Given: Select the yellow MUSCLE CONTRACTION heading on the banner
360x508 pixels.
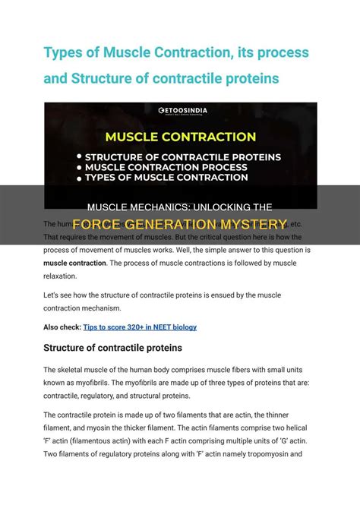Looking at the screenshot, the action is pyautogui.click(x=180, y=137).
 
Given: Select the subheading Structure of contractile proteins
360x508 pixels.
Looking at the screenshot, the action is pyautogui.click(x=112, y=348).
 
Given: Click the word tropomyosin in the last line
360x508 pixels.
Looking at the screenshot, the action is pyautogui.click(x=262, y=455).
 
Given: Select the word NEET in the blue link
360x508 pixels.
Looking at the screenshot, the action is pyautogui.click(x=151, y=327).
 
